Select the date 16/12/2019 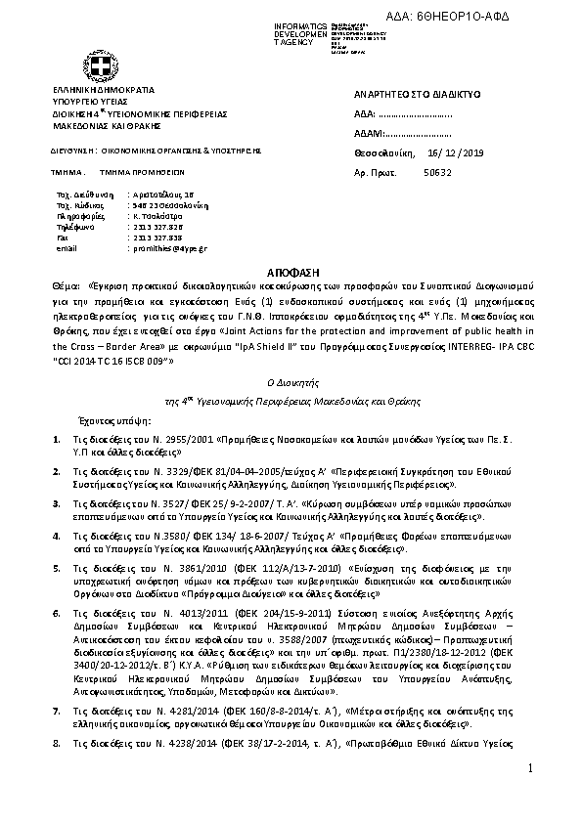[449, 153]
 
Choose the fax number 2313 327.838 [155, 237]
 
